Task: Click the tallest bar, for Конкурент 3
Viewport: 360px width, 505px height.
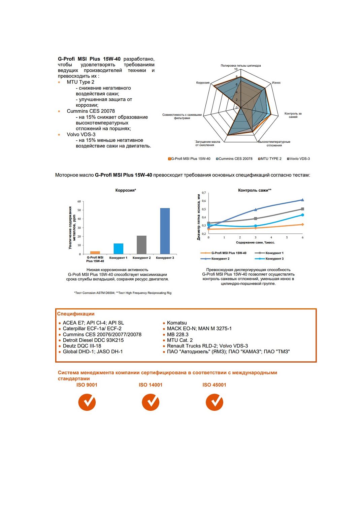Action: click(165, 231)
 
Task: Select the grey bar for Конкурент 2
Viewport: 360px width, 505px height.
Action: click(141, 245)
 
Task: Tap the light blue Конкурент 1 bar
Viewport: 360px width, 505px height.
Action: click(118, 248)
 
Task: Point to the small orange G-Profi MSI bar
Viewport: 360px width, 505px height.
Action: click(95, 252)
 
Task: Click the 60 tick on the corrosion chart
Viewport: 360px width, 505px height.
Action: click(79, 202)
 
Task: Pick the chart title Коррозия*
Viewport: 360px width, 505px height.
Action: click(126, 190)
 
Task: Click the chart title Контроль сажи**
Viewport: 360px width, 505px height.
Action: click(255, 190)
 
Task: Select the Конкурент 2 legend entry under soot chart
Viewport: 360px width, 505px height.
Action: click(220, 259)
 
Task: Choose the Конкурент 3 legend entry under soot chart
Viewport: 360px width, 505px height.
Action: click(274, 259)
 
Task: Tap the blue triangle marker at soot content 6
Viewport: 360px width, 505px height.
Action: click(302, 200)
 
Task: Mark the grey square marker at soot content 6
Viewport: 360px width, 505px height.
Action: click(302, 209)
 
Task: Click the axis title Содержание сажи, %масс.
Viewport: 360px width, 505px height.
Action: click(255, 242)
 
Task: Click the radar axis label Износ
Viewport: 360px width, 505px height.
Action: click(276, 82)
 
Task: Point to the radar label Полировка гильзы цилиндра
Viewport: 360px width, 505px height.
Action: click(240, 66)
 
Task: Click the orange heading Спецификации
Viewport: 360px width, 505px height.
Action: click(76, 314)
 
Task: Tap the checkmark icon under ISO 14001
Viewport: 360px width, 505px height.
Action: click(151, 402)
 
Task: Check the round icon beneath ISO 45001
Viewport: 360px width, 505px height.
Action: click(215, 402)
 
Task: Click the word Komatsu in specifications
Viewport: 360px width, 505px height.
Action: click(177, 323)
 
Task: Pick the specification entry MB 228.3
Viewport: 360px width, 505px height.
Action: click(177, 335)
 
